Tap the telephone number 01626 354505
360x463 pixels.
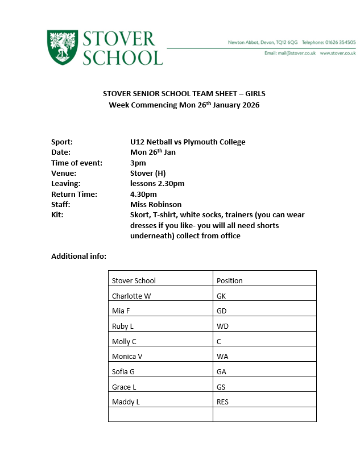(x=340, y=42)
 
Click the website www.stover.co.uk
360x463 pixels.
(x=337, y=53)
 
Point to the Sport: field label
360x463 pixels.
(x=62, y=142)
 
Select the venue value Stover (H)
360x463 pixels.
(x=147, y=173)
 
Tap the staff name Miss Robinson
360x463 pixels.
(x=156, y=204)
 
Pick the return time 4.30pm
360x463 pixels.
(x=143, y=194)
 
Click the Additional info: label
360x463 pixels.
(x=78, y=257)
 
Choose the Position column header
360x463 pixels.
(x=230, y=280)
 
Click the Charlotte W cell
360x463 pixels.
(x=131, y=296)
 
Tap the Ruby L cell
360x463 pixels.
(x=123, y=326)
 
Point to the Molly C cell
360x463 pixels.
(x=124, y=341)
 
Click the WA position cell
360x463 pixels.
(x=222, y=357)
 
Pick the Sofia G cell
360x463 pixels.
(x=123, y=371)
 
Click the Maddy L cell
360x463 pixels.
(x=126, y=402)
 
